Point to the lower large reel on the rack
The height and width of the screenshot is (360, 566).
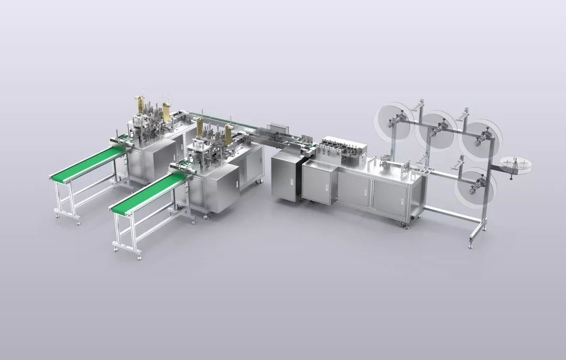pos(475,184)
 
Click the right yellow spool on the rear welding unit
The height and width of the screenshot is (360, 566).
pos(167,110)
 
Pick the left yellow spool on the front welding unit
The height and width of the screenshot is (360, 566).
pos(200,125)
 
